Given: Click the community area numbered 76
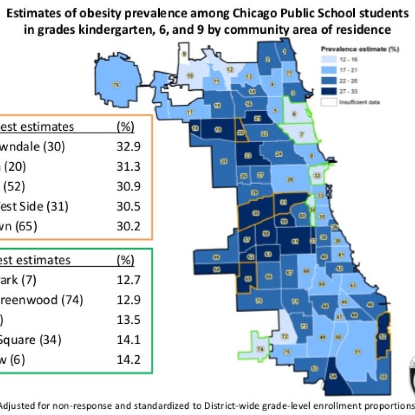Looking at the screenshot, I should coord(116,84).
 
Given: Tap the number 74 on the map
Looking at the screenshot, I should coord(260,348).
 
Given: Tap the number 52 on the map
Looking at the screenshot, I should coord(382,337).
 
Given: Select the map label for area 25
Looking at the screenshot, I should coord(224,161).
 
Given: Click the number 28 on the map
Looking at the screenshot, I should coord(290,180).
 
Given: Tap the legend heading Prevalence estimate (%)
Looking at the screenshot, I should coord(351,49).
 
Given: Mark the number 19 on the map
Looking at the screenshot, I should coord(218,129).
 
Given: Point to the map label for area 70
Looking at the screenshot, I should coord(259,300).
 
